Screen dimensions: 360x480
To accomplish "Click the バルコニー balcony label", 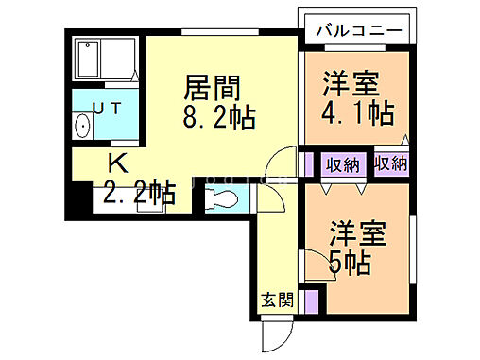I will (x=355, y=28).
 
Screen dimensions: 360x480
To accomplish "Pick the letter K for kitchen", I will (x=116, y=161).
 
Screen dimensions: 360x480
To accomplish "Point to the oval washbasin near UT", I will (x=82, y=127).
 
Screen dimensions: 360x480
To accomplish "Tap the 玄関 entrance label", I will (x=277, y=300).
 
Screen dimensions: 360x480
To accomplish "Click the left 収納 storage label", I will (x=342, y=164).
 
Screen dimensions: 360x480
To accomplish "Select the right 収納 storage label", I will (x=390, y=163).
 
